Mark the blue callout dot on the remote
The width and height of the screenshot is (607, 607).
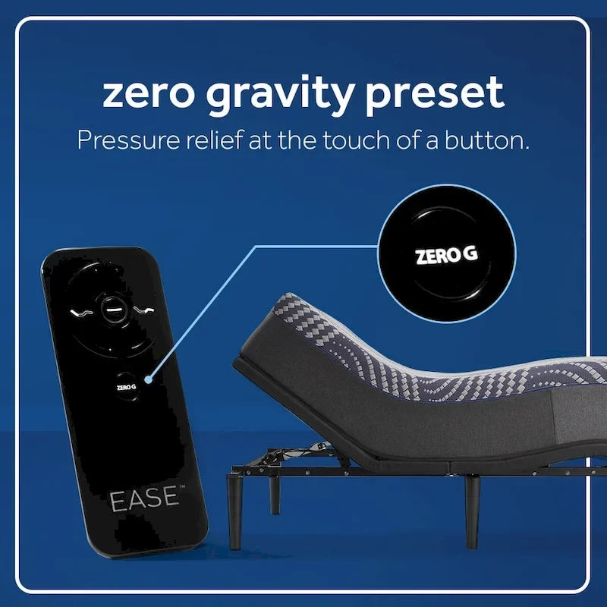(151, 378)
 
